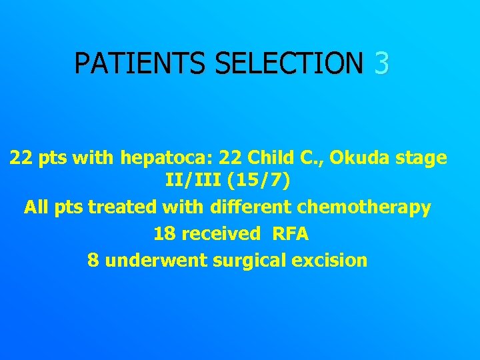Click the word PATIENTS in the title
click(141, 63)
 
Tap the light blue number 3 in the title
click(381, 63)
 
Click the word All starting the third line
click(36, 207)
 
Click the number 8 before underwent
click(93, 260)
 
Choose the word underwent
click(157, 260)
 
